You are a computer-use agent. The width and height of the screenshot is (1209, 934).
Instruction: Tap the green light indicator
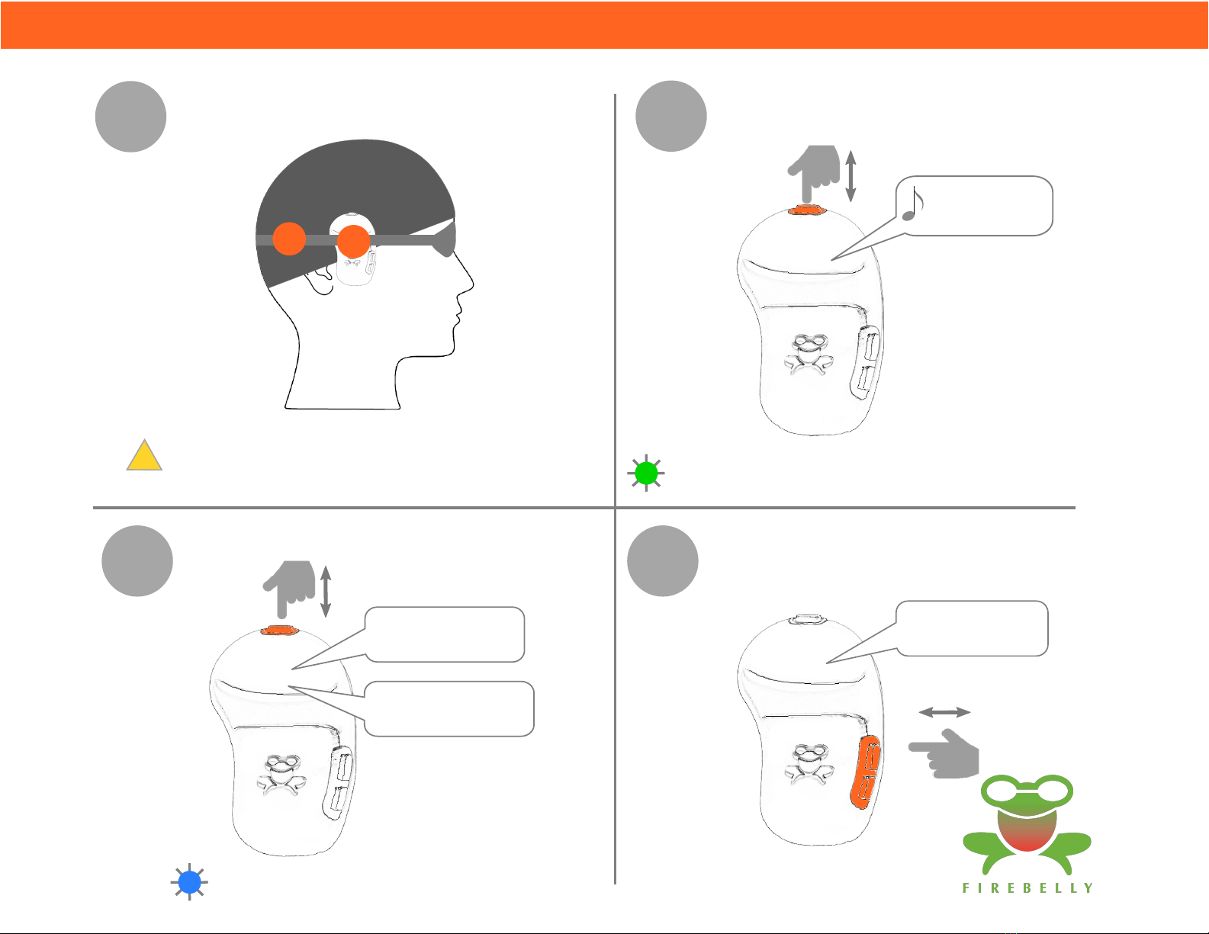646,473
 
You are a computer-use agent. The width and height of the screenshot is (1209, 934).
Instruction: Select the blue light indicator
189,881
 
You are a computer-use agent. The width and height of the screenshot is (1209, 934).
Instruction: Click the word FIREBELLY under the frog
1027,887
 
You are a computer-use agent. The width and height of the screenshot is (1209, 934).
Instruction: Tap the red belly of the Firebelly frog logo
1027,830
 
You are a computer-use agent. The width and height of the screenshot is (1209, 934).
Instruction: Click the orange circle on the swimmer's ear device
353,241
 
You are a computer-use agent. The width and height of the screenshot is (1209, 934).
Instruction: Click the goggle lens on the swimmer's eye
445,239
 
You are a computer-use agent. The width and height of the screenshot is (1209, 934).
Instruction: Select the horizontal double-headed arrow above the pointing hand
944,712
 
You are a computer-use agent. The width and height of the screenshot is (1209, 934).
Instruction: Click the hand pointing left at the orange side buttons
944,754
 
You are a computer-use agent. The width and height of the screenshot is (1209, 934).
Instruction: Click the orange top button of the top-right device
807,210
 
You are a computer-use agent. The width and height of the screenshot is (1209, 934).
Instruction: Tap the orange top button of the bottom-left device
280,631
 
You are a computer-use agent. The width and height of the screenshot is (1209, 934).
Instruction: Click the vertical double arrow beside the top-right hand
850,176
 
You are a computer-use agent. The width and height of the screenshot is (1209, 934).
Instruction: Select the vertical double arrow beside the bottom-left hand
326,592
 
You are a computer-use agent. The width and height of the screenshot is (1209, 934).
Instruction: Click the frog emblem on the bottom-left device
281,774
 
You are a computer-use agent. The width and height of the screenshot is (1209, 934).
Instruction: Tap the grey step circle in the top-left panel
130,116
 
